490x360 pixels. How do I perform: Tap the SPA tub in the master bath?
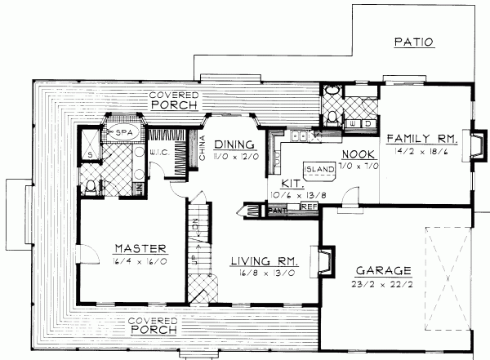123,131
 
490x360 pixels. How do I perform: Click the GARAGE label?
384,272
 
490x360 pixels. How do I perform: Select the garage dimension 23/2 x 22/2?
384,286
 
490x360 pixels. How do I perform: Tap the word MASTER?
140,248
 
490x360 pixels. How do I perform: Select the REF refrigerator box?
309,207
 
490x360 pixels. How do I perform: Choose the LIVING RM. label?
263,261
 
